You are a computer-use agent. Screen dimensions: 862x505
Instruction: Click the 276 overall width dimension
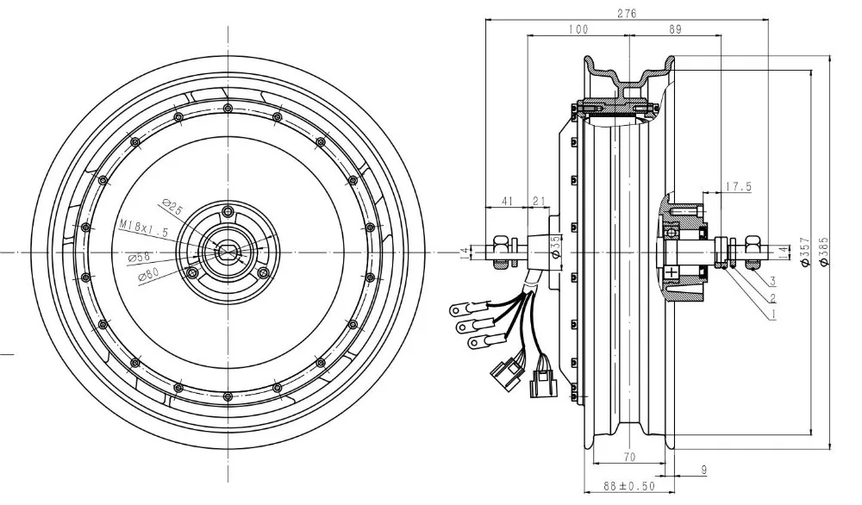(627, 13)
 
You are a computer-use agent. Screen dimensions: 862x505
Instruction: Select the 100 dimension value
(578, 29)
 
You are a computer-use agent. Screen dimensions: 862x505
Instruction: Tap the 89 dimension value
(675, 29)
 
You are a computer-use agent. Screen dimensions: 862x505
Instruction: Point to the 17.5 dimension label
(739, 187)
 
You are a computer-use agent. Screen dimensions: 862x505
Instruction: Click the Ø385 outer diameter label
(823, 252)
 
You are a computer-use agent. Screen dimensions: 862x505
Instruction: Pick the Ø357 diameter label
(805, 252)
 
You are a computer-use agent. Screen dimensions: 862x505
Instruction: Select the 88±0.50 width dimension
(629, 486)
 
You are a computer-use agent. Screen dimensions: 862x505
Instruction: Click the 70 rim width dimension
(630, 457)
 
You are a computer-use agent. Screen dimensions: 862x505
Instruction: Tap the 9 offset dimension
(704, 470)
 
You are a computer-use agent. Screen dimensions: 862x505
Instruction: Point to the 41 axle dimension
(507, 201)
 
